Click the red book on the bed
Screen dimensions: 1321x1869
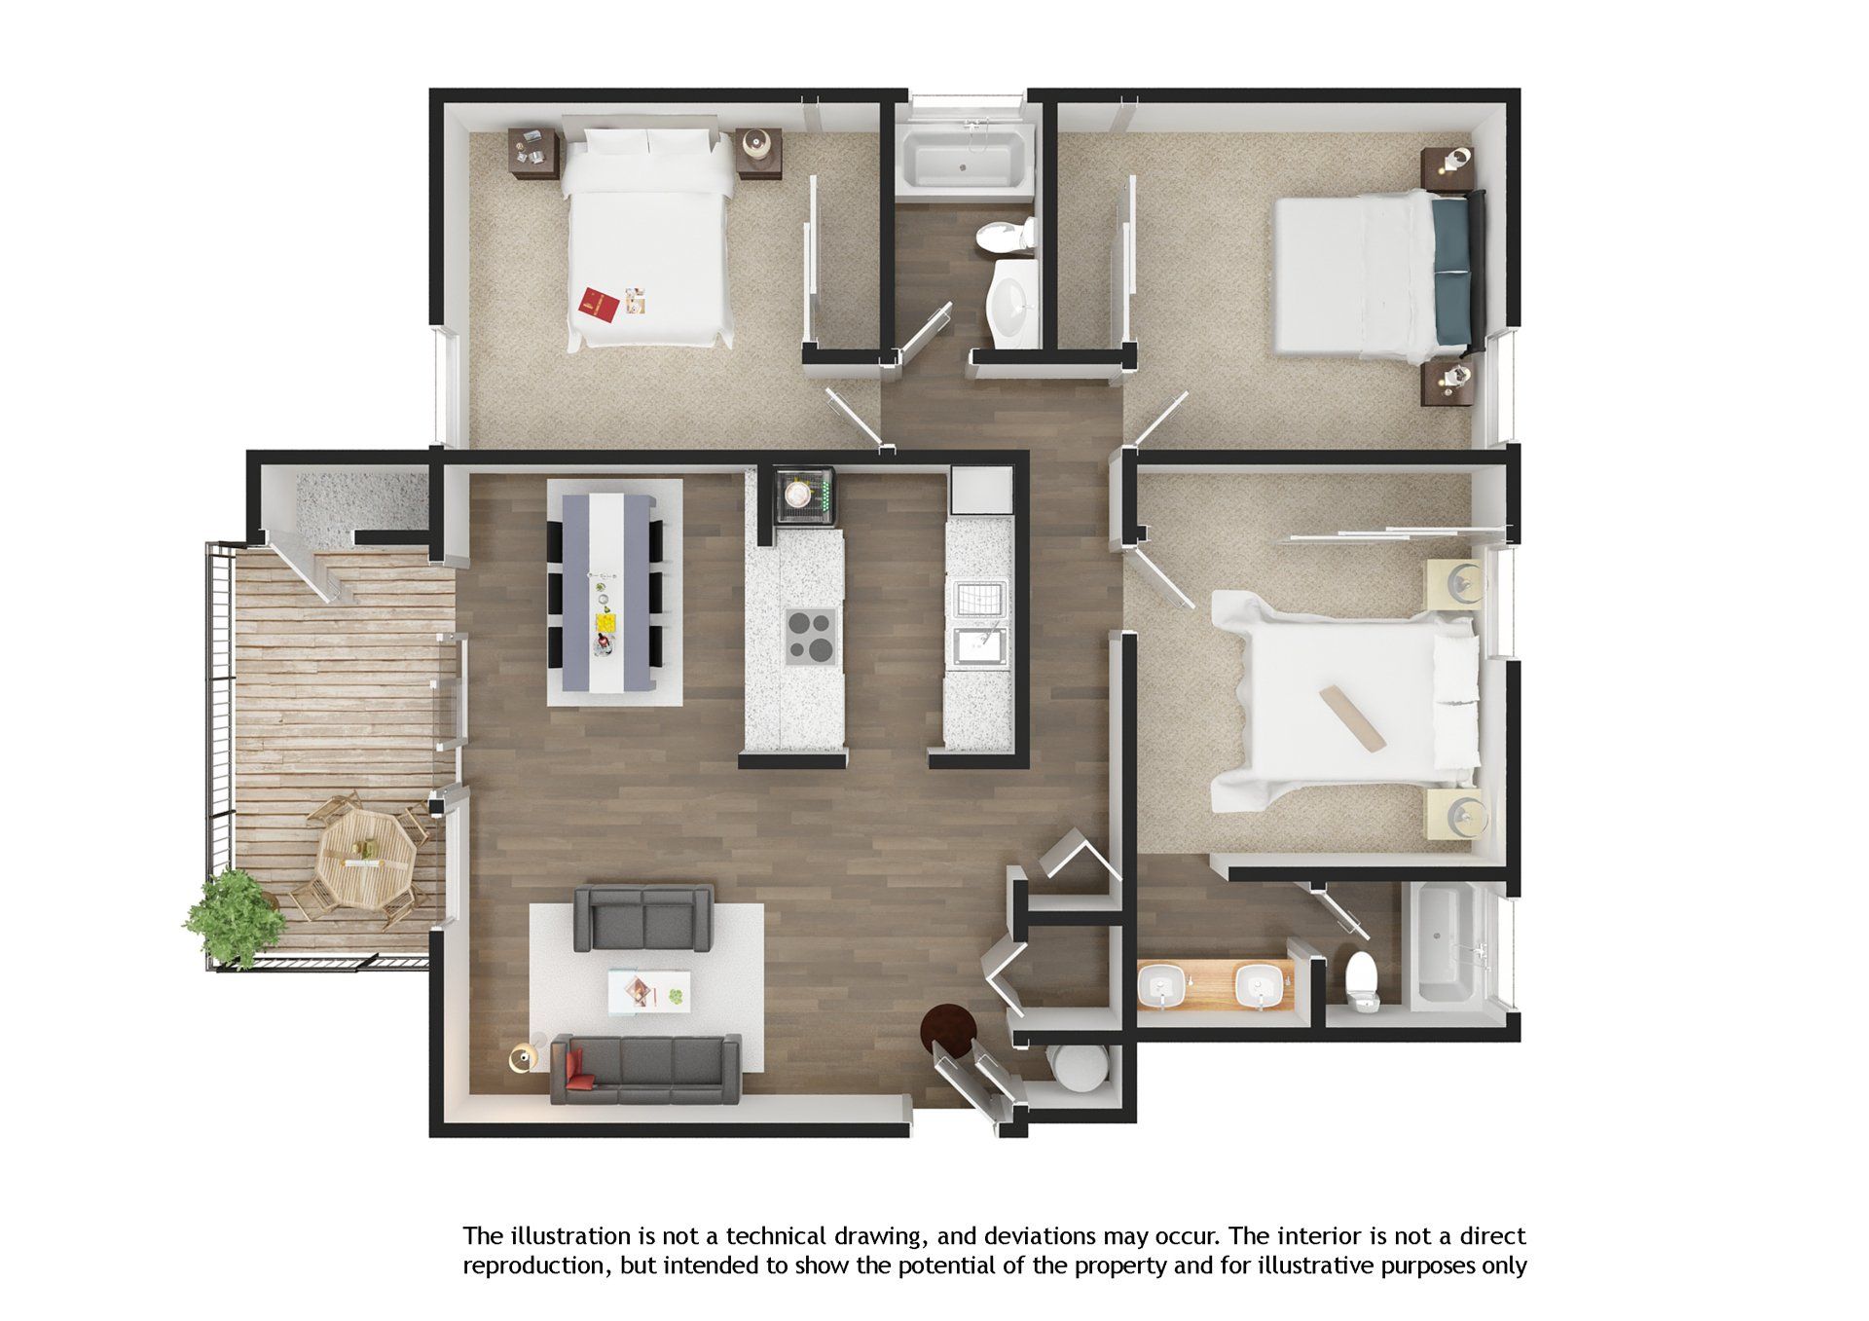pos(599,304)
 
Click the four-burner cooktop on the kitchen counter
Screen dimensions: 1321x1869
pos(810,637)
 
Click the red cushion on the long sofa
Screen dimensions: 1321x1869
pos(582,1069)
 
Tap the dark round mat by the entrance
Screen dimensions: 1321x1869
pos(949,1030)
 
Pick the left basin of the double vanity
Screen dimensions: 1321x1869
pos(1162,989)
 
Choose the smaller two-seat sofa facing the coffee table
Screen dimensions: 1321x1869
pos(642,917)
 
